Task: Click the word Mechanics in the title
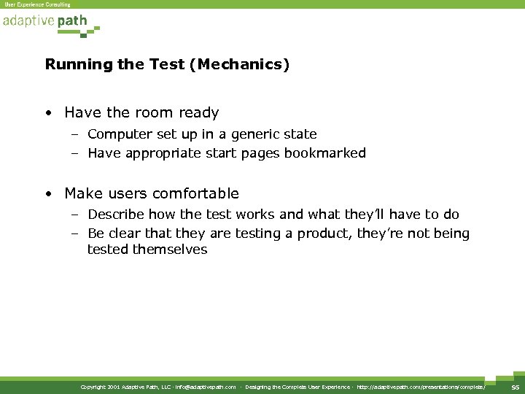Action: (x=247, y=64)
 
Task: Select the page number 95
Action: (x=515, y=387)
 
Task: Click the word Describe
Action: (x=116, y=215)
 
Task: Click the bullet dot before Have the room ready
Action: (x=47, y=114)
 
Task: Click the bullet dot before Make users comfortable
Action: (x=47, y=194)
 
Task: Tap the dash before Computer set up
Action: (x=76, y=135)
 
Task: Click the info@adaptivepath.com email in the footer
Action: (x=202, y=387)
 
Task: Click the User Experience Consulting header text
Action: (x=38, y=4)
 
